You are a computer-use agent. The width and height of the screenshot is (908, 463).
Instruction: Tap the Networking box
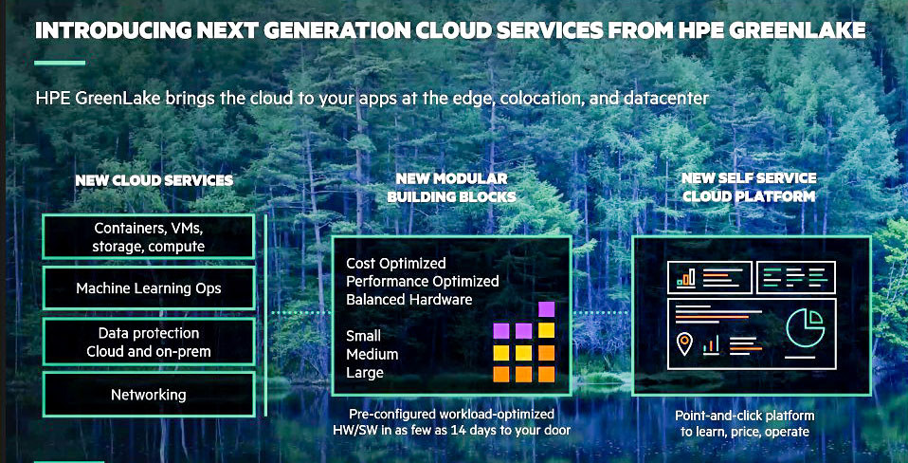click(148, 395)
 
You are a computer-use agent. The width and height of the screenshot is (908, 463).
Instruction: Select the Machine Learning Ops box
click(148, 288)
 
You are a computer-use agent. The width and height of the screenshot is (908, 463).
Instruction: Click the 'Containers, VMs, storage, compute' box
click(148, 236)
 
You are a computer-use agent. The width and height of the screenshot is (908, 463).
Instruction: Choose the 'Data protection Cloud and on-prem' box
click(148, 342)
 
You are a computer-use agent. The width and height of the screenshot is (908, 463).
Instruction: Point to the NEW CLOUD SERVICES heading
click(154, 181)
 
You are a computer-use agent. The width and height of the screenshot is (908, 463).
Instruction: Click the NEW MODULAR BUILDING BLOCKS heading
click(451, 188)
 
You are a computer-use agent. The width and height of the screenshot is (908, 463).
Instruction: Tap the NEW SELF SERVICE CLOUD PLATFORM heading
click(749, 187)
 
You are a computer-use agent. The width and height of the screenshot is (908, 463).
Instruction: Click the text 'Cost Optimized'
click(396, 264)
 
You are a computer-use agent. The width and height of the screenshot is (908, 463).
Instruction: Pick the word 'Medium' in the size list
click(372, 354)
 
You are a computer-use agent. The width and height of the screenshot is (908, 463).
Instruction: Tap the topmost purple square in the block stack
click(546, 309)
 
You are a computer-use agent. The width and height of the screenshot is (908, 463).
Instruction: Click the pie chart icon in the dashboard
click(805, 326)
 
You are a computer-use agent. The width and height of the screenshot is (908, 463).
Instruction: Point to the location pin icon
click(684, 343)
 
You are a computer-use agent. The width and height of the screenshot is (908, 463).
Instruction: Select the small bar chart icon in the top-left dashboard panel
click(686, 279)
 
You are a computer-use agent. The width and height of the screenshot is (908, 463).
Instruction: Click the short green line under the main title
click(60, 63)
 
